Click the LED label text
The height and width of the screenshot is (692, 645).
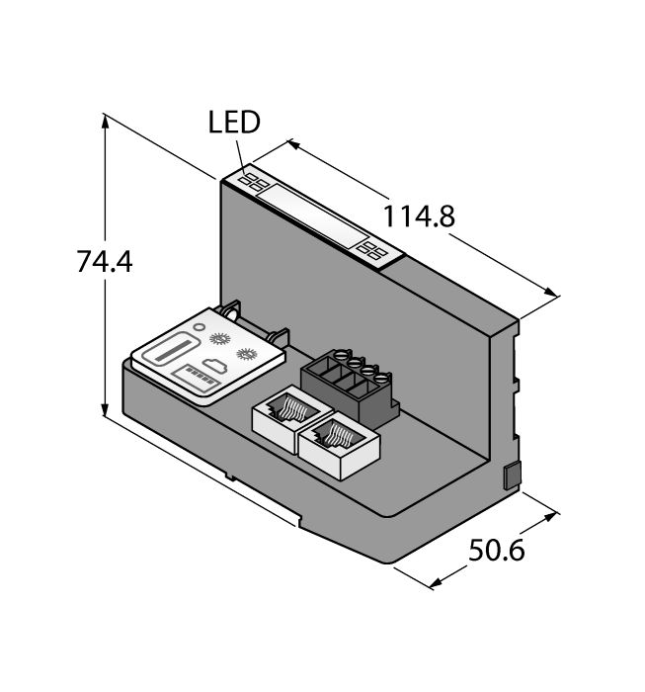(x=234, y=123)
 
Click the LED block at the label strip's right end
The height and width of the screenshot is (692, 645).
(x=374, y=251)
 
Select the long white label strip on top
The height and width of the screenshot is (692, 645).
(x=313, y=216)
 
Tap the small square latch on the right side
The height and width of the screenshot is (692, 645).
(x=512, y=475)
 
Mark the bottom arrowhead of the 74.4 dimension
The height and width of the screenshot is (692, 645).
(x=105, y=415)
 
